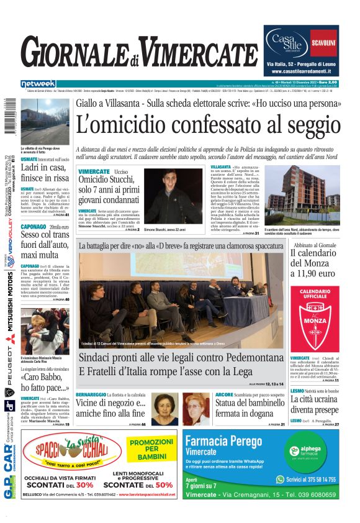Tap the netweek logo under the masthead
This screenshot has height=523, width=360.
click(38, 84)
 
